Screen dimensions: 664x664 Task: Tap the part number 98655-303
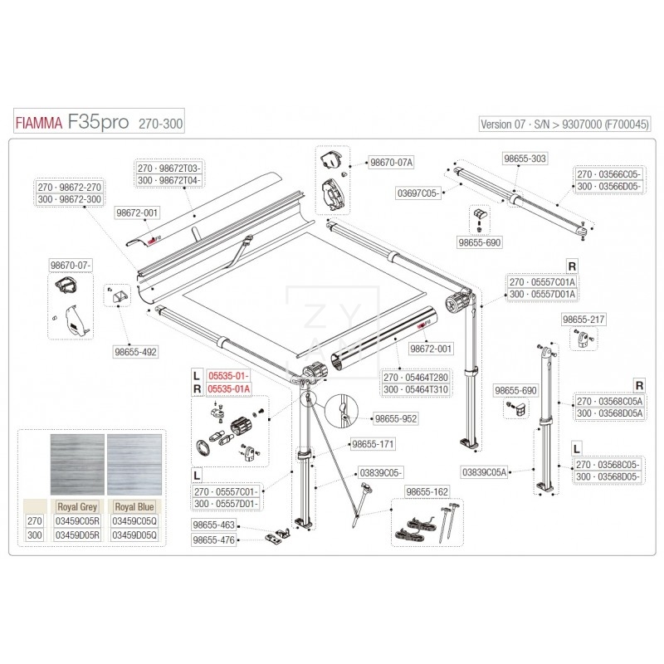point(525,157)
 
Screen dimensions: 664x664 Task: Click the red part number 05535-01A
point(228,388)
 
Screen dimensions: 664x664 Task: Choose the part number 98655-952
point(395,420)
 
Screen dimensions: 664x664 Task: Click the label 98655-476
point(214,540)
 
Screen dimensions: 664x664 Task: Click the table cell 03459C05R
point(79,520)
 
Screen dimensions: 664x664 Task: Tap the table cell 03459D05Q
point(136,535)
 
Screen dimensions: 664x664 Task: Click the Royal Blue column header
point(136,505)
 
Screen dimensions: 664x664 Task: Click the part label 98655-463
point(214,525)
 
